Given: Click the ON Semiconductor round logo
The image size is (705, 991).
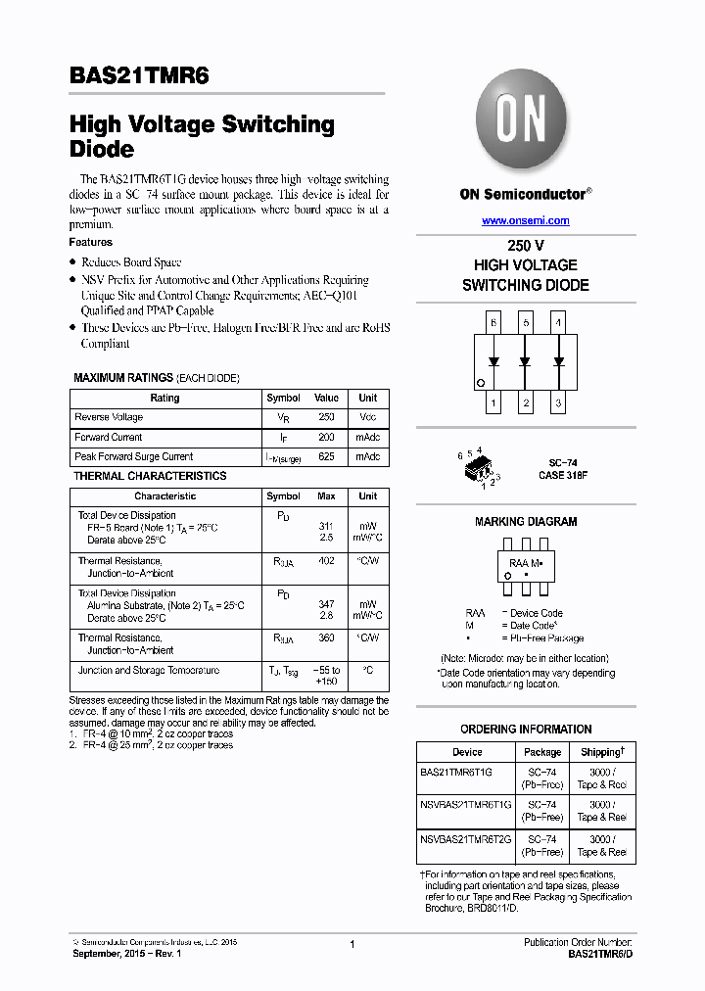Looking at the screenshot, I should pyautogui.click(x=525, y=121).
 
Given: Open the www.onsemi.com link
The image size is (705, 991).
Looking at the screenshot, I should pyautogui.click(x=525, y=220).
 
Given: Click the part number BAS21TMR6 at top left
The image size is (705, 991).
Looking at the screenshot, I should pyautogui.click(x=139, y=77).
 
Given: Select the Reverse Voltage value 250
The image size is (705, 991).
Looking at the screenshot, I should pyautogui.click(x=326, y=417).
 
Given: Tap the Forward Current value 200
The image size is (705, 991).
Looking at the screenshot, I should pyautogui.click(x=326, y=437).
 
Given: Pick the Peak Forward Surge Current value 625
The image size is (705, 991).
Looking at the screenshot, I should pyautogui.click(x=326, y=456).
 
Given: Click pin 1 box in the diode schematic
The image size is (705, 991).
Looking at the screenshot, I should pyautogui.click(x=493, y=402).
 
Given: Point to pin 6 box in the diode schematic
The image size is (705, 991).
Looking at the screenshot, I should pyautogui.click(x=493, y=322).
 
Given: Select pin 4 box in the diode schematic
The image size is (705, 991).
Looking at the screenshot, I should pyautogui.click(x=558, y=322).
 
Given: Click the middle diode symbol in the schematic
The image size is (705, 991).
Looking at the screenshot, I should pyautogui.click(x=526, y=361).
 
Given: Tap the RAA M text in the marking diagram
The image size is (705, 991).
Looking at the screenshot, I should pyautogui.click(x=524, y=563).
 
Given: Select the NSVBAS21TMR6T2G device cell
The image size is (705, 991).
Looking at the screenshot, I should pyautogui.click(x=466, y=839).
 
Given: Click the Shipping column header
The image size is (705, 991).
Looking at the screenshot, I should pyautogui.click(x=601, y=752).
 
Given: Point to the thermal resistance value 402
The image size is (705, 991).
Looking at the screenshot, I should pyautogui.click(x=326, y=561).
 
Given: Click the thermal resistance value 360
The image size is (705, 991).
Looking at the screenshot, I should pyautogui.click(x=326, y=637).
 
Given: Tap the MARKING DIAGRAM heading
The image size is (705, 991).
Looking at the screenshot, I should pyautogui.click(x=526, y=522).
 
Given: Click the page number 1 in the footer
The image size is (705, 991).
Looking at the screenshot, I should pyautogui.click(x=352, y=944).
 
